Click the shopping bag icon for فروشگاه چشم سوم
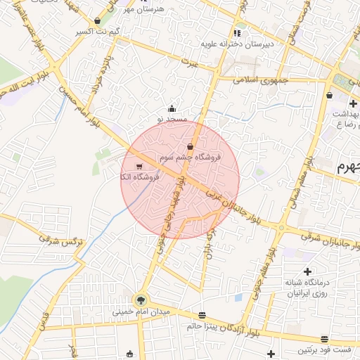point(191,146)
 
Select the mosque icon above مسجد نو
point(172,108)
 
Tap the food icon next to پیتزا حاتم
point(202,315)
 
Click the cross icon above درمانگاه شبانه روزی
point(307,271)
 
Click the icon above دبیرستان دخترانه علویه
point(238,32)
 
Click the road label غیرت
point(188,63)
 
